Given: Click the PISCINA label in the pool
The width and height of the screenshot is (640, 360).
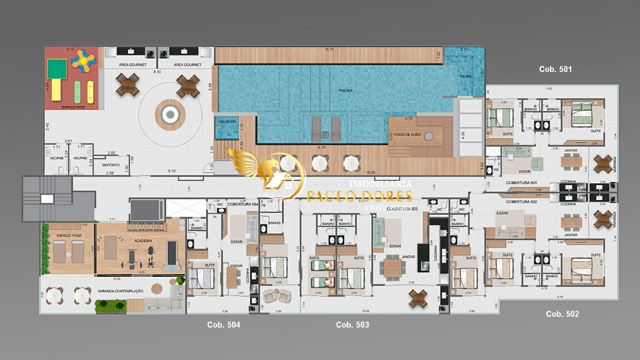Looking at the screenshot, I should (346, 91).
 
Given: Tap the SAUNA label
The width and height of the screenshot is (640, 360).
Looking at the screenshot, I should (465, 76).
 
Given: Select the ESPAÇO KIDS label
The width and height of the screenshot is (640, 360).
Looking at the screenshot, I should (73, 107).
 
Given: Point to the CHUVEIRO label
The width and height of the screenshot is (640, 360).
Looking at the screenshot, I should (227, 122).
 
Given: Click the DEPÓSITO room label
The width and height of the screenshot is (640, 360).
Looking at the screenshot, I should (110, 165).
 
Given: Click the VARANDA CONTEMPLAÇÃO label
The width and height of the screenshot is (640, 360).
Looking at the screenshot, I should (121, 291).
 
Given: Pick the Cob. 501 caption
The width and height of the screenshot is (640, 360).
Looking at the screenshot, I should (555, 69).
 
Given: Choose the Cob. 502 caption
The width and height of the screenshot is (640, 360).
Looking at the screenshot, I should (562, 314).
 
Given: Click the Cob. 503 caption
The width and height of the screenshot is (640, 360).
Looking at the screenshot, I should (352, 325).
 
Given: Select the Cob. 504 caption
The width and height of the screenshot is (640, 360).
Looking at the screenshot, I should (223, 325).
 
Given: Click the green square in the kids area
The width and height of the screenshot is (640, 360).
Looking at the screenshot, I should (57, 68).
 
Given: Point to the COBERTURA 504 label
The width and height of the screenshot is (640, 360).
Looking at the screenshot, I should (243, 204).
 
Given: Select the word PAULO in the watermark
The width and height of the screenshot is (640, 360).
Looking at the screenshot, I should (330, 196).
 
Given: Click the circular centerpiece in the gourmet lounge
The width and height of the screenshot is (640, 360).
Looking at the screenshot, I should (170, 114).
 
